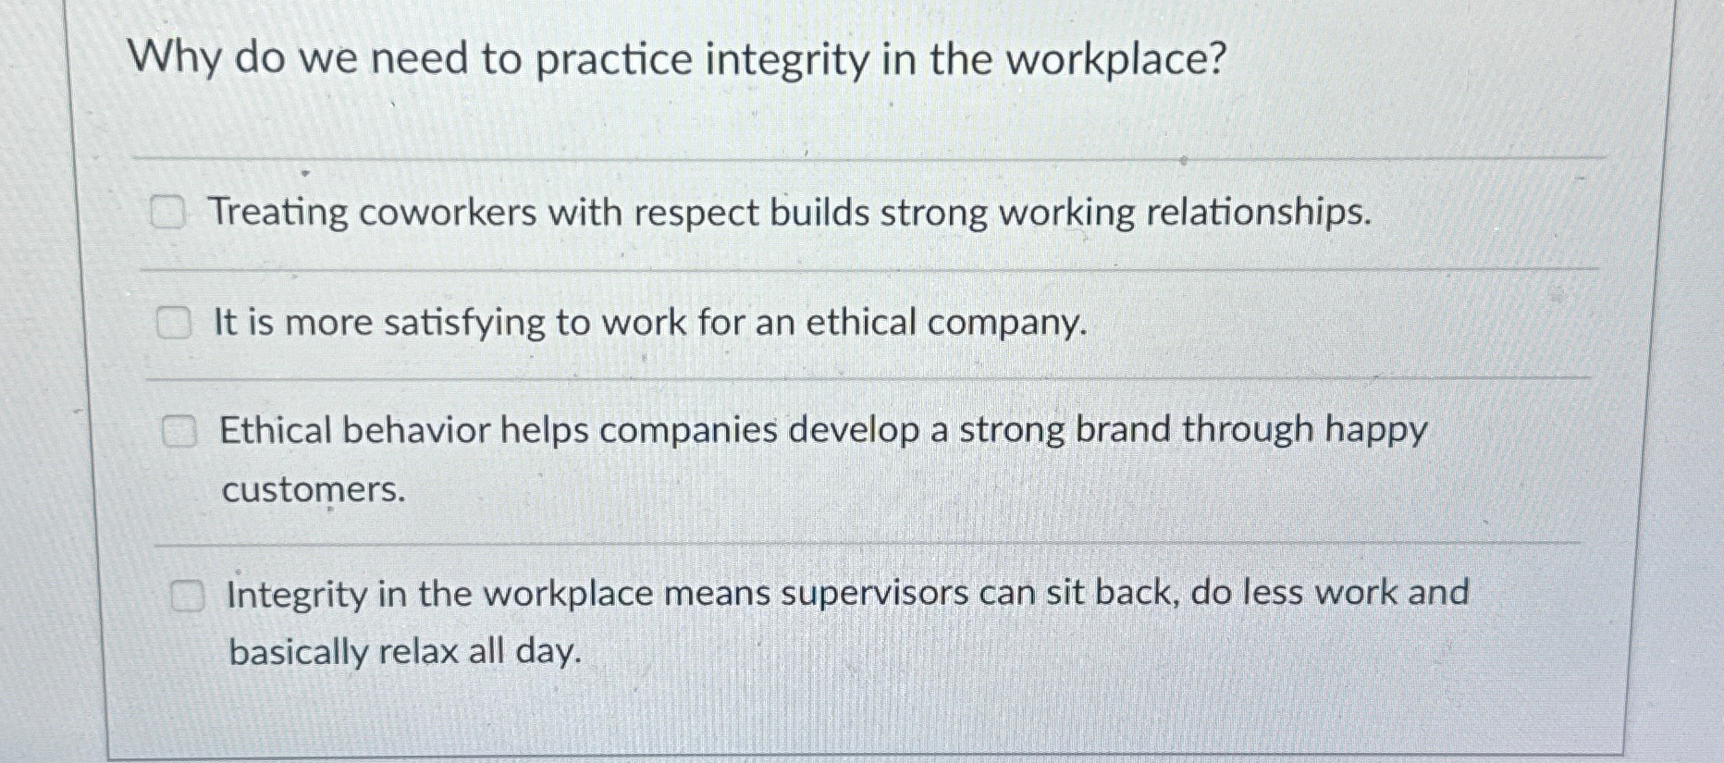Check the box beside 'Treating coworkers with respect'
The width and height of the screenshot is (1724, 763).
pos(168,214)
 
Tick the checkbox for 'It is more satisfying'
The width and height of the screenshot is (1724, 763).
pos(173,324)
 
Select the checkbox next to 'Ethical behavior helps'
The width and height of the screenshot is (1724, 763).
pos(179,432)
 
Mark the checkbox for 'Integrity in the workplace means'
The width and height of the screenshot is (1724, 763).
pos(186,597)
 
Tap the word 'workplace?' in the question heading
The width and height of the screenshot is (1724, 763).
pos(1115,61)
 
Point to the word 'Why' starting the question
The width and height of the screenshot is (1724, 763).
pos(174,59)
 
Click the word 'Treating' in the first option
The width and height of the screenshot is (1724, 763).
pos(277,213)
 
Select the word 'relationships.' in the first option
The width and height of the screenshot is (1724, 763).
pos(1259,213)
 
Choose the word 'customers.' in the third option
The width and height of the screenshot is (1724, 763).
pos(314,489)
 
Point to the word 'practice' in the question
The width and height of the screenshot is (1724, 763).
pos(613,61)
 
